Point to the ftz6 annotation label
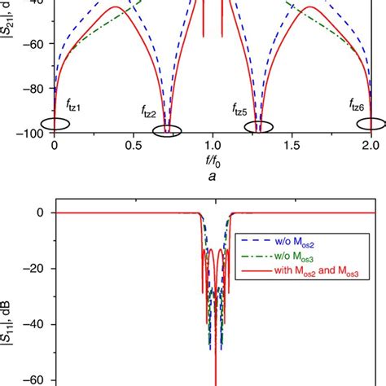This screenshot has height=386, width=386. point(357,104)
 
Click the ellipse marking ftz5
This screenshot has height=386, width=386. point(260,126)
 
